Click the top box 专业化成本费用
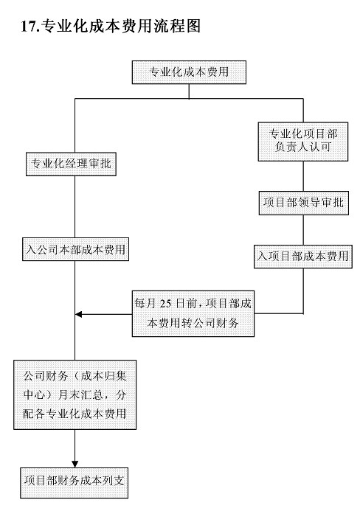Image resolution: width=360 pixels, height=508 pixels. pos(189,72)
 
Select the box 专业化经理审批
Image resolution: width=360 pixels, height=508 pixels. pos(71,164)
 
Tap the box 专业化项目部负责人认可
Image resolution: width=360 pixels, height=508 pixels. pos(303,142)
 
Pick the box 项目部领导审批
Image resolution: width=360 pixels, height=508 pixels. pos(304,203)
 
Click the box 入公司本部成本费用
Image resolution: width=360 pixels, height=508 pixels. pos(75,249)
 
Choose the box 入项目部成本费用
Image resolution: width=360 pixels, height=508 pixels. pos(303,257)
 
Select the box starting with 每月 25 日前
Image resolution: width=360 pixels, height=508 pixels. pos(193,313)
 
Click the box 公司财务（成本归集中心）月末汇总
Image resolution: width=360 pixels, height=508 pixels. pos(75,395)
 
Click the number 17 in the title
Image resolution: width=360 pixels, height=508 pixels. pos(28,27)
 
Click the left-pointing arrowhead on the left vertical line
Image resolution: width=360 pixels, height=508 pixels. pos(78,314)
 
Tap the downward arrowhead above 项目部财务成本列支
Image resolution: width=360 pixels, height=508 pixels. pos(75,464)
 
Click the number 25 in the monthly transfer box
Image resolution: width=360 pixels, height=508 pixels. pos(165,304)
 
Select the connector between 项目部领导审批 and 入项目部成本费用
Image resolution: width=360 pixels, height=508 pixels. pos(303,230)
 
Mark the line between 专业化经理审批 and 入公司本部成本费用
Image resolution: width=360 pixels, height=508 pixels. pos(75,206)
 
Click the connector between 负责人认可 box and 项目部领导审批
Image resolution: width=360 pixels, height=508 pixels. pos(303,176)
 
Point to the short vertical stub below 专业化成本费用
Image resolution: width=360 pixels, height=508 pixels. pos(189,91)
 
